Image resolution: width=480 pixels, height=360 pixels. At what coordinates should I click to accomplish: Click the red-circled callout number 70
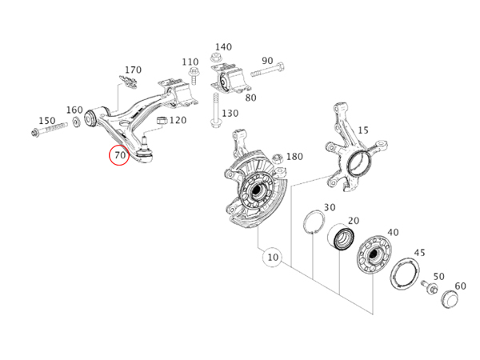[x=120, y=155]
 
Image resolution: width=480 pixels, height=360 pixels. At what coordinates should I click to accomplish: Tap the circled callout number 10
[x=273, y=257]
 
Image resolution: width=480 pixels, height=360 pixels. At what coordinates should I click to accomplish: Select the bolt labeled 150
[x=49, y=129]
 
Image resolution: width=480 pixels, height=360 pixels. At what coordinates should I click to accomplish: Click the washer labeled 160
[x=76, y=122]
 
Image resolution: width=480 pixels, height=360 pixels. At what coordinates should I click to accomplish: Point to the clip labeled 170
[x=128, y=82]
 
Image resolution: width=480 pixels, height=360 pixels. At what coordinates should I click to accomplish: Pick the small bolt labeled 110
[x=194, y=76]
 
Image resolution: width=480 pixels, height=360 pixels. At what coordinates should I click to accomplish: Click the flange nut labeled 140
[x=216, y=58]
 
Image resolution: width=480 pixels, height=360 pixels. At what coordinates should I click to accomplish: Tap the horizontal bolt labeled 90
[x=267, y=70]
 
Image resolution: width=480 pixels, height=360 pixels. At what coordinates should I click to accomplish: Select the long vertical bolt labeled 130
[x=215, y=110]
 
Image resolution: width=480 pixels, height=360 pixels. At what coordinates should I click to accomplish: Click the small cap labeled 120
[x=162, y=120]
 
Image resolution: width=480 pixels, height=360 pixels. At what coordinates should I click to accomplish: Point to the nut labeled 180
[x=278, y=158]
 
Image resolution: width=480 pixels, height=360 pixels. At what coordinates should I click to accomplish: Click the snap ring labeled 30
[x=314, y=222]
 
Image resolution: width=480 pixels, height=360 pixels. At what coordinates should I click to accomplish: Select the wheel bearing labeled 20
[x=341, y=236]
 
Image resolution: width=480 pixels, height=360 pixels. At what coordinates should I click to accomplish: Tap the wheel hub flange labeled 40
[x=374, y=254]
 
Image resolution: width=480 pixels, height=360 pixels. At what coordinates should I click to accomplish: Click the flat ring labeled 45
[x=405, y=274]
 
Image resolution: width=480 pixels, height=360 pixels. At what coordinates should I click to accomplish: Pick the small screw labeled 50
[x=429, y=286]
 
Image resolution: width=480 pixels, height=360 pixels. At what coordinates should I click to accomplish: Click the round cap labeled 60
[x=450, y=298]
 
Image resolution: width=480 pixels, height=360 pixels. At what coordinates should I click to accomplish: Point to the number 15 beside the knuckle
[x=363, y=130]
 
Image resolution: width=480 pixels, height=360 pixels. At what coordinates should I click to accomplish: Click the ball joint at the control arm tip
[x=144, y=151]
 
